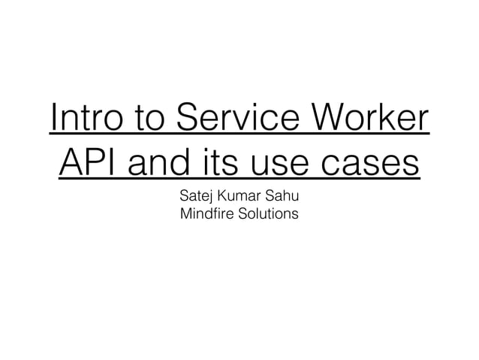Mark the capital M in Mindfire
186,216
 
